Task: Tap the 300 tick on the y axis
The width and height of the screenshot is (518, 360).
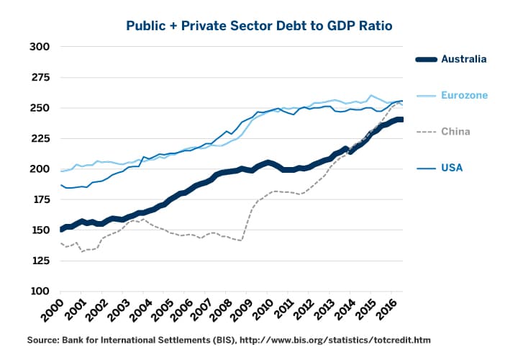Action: coord(40,47)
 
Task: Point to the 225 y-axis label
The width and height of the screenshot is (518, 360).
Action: coord(40,138)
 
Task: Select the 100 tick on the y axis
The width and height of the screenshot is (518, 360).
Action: coord(40,292)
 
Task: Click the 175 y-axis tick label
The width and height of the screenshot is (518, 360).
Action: coord(40,199)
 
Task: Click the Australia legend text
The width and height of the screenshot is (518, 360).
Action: coord(464,59)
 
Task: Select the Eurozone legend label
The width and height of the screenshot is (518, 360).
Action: coord(465,95)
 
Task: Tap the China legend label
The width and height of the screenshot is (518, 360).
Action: coord(456,132)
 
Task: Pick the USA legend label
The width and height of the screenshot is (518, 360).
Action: coord(452,168)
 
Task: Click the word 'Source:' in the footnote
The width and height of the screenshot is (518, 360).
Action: coord(46,340)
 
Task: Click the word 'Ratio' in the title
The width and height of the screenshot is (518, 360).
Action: coord(374,26)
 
